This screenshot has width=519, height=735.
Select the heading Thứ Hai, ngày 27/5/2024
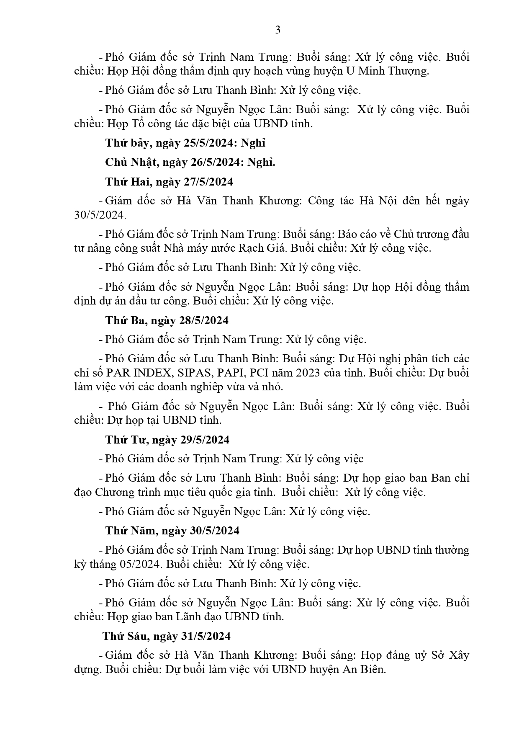169,182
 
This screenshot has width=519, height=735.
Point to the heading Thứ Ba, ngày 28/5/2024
167,320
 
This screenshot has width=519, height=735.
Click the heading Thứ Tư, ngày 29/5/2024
167,440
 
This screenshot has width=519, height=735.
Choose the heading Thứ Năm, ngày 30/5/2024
172,531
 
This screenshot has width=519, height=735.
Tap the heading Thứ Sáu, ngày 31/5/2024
167,636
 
